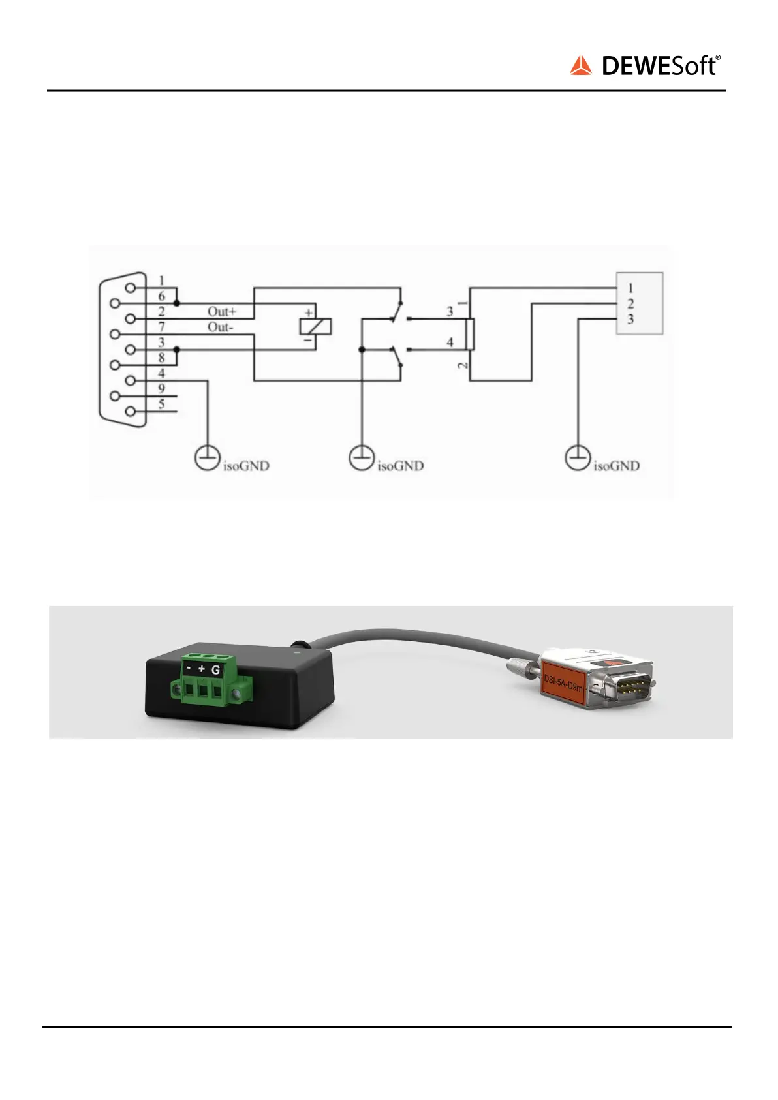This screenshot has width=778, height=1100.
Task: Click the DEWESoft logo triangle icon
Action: (580, 66)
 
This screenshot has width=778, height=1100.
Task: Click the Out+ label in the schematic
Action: (222, 312)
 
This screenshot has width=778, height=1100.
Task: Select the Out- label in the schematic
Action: (220, 327)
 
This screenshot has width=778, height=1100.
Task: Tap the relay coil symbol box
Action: (315, 327)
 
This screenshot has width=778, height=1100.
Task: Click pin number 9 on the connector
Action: (161, 389)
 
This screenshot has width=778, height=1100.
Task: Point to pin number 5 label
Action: (161, 405)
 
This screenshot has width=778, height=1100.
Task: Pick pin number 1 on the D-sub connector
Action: (161, 281)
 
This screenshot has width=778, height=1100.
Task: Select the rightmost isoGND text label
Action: (616, 466)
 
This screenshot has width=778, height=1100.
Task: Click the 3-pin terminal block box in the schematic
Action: (640, 303)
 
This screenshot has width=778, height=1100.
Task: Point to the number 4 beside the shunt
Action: (450, 342)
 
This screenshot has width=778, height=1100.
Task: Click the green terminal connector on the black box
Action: (209, 685)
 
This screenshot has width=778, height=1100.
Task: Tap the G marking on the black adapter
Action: (215, 669)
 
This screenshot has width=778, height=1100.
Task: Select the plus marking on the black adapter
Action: (202, 669)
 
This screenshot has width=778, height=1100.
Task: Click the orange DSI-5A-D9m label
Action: (563, 682)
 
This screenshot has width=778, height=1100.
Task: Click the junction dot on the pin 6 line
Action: (177, 303)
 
